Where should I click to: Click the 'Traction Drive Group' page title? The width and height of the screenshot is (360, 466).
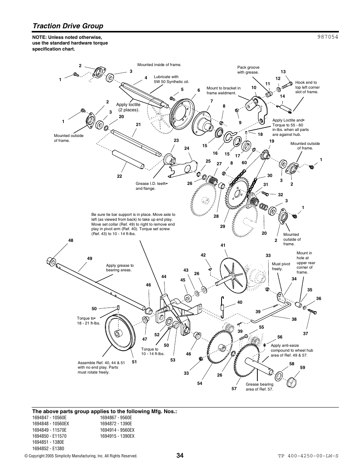(x=68, y=26)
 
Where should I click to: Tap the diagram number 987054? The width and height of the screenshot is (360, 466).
(x=325, y=37)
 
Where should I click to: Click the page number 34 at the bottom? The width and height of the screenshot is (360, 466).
(x=180, y=455)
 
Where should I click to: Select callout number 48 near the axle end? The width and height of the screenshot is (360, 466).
(x=71, y=240)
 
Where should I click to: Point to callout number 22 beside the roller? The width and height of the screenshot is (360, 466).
(x=119, y=176)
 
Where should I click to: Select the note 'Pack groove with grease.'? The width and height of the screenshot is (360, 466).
(x=248, y=70)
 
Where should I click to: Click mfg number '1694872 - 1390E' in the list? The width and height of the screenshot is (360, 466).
(x=116, y=424)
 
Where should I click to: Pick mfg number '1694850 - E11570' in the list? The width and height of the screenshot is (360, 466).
(x=49, y=436)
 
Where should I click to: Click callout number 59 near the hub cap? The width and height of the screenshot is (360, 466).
(x=303, y=367)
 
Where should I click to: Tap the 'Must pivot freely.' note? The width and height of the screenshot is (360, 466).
(x=281, y=266)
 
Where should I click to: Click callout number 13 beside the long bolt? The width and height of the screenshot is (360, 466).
(x=283, y=72)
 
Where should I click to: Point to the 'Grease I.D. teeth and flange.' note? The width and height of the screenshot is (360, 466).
(x=151, y=186)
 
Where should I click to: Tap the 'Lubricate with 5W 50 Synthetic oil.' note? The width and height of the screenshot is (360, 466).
(x=171, y=79)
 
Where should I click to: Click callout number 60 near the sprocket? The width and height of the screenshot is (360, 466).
(x=244, y=163)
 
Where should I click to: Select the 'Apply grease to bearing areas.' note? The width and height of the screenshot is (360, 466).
(x=120, y=268)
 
